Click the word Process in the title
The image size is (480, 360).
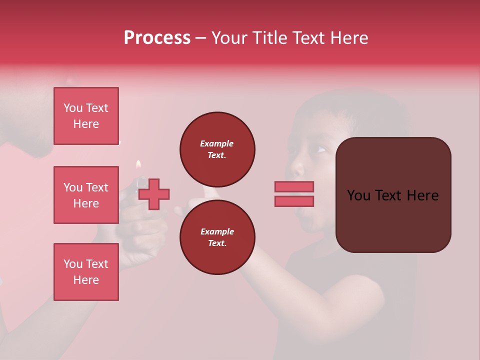pyautogui.click(x=157, y=38)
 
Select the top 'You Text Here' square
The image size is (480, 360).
pyautogui.click(x=86, y=116)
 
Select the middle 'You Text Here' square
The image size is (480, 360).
pyautogui.click(x=86, y=195)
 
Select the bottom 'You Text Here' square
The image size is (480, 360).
pyautogui.click(x=86, y=271)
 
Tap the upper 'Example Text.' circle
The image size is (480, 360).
pyautogui.click(x=217, y=149)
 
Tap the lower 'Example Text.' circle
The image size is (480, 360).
pyautogui.click(x=217, y=237)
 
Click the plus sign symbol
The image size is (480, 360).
pyautogui.click(x=154, y=194)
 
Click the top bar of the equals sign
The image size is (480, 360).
pyautogui.click(x=294, y=186)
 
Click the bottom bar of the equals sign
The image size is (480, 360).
pyautogui.click(x=294, y=201)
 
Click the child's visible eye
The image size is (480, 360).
pyautogui.click(x=320, y=149)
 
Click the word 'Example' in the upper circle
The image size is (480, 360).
pyautogui.click(x=216, y=143)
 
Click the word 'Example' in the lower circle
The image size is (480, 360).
pyautogui.click(x=217, y=231)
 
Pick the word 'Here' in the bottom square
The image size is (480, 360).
pyautogui.click(x=86, y=280)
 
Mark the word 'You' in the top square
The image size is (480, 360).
pyautogui.click(x=73, y=108)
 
